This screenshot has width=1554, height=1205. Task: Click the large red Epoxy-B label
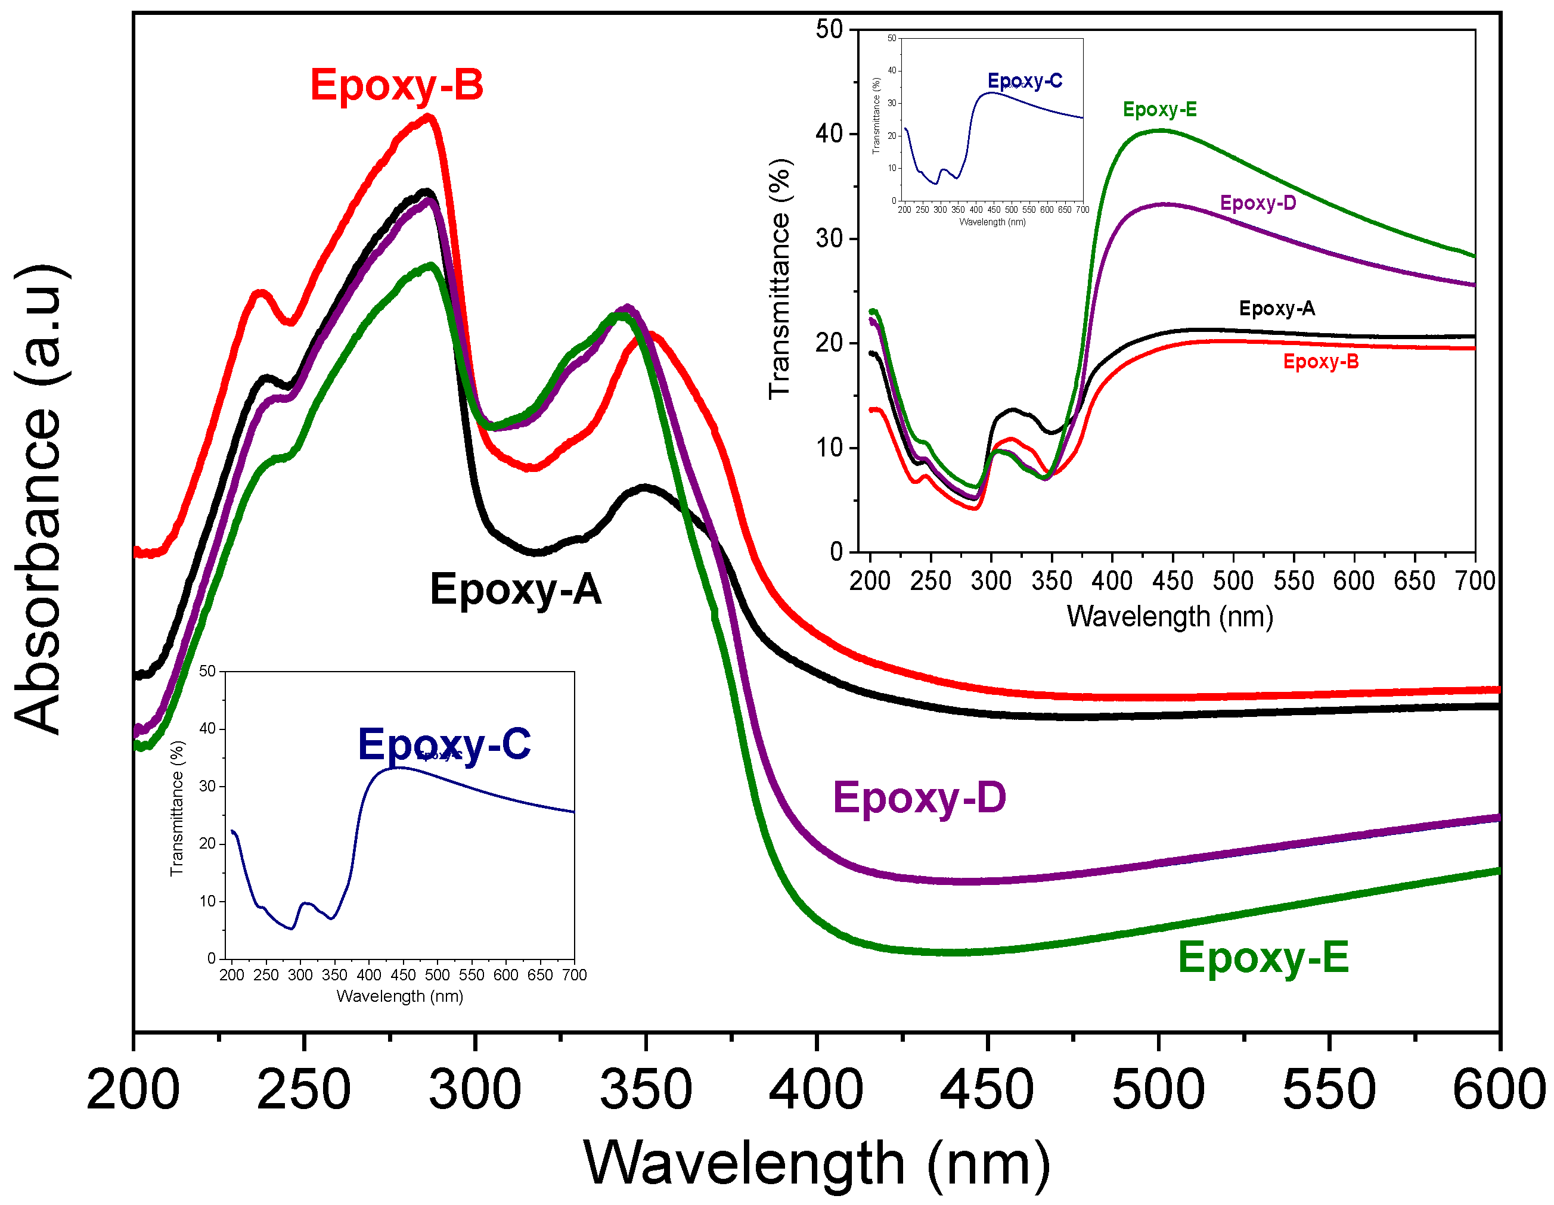[396, 85]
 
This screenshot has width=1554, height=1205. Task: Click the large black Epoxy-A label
[515, 590]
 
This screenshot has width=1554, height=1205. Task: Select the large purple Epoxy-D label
[919, 797]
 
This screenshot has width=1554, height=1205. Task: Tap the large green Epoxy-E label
[1263, 958]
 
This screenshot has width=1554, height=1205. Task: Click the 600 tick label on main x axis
[1499, 1091]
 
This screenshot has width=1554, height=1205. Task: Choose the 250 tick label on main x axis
[304, 1091]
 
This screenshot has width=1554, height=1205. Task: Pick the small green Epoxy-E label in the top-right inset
[1160, 110]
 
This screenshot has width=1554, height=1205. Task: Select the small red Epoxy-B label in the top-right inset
[1320, 362]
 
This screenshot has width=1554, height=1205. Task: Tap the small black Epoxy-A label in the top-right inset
[1276, 309]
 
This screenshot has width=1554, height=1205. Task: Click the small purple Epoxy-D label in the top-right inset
[1258, 203]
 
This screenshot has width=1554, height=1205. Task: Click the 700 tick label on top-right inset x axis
[1474, 581]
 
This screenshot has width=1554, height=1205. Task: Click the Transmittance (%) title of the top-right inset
[780, 279]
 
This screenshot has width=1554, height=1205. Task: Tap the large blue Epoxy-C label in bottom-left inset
[444, 745]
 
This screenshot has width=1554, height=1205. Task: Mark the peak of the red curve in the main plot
[429, 117]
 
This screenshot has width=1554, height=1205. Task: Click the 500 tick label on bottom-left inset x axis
[437, 975]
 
